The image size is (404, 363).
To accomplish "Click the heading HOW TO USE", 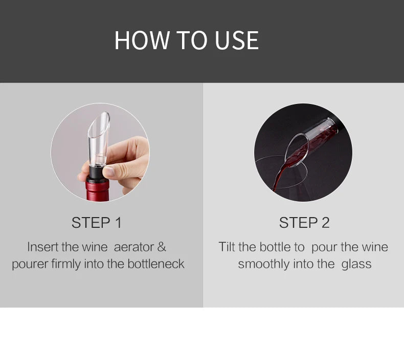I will [x=186, y=40].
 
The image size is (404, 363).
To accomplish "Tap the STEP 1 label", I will [x=97, y=223].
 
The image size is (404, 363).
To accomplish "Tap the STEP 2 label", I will [x=304, y=223].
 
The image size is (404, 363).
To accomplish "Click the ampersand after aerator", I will [x=162, y=247].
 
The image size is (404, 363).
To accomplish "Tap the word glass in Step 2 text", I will [x=356, y=264].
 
